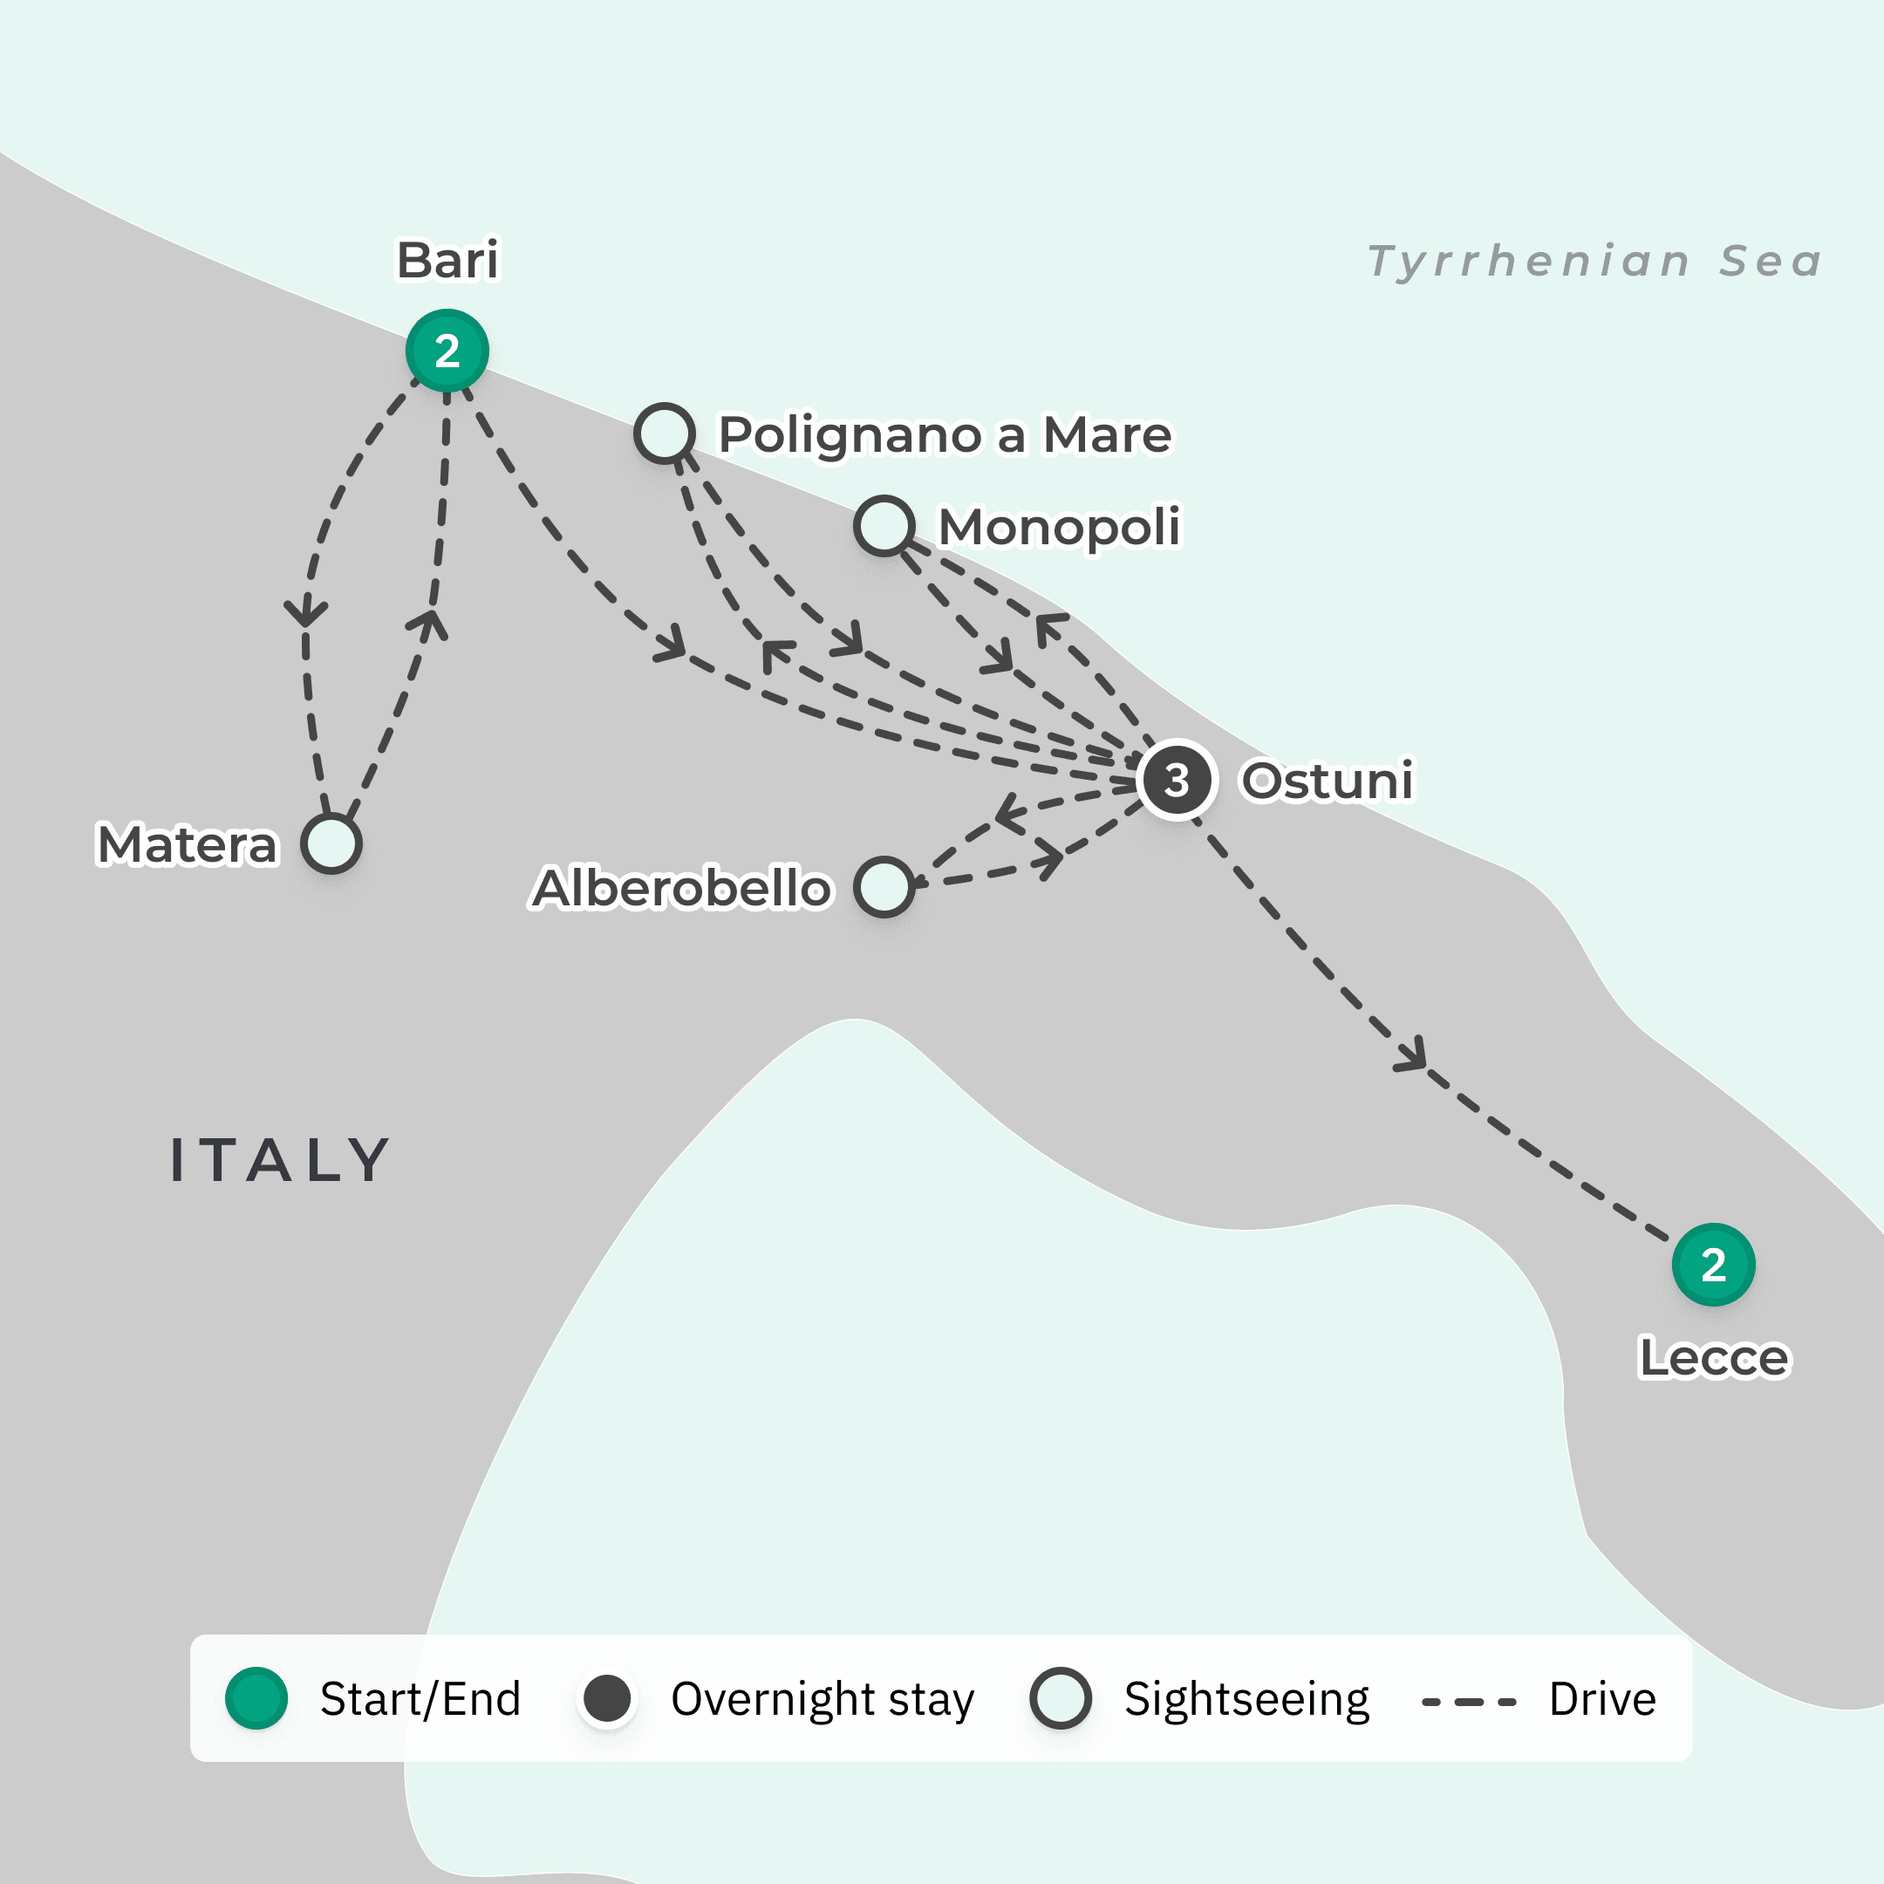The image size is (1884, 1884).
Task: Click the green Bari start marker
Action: tap(447, 350)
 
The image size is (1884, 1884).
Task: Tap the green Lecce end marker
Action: tap(1713, 1265)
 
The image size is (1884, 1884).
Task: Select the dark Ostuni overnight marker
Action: tap(1177, 780)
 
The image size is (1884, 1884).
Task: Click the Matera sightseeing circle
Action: tap(331, 843)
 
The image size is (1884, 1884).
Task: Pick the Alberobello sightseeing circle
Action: tap(884, 887)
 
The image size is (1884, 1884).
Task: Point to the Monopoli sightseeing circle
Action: tap(884, 526)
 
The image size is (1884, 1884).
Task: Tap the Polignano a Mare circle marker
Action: tap(664, 433)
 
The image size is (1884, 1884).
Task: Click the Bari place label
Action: tap(447, 261)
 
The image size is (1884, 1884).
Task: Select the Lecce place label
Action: tap(1713, 1357)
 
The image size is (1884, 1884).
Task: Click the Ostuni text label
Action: tap(1326, 780)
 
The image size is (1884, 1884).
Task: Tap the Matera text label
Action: tap(188, 844)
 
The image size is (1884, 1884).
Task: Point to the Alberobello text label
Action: tap(681, 889)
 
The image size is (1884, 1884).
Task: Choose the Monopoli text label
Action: tap(1059, 527)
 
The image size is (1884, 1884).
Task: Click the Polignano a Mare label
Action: tap(945, 434)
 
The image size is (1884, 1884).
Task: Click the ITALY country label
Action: tap(280, 1160)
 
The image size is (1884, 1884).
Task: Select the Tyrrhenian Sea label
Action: tap(1594, 262)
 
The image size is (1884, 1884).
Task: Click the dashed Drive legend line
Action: tap(1469, 1702)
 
